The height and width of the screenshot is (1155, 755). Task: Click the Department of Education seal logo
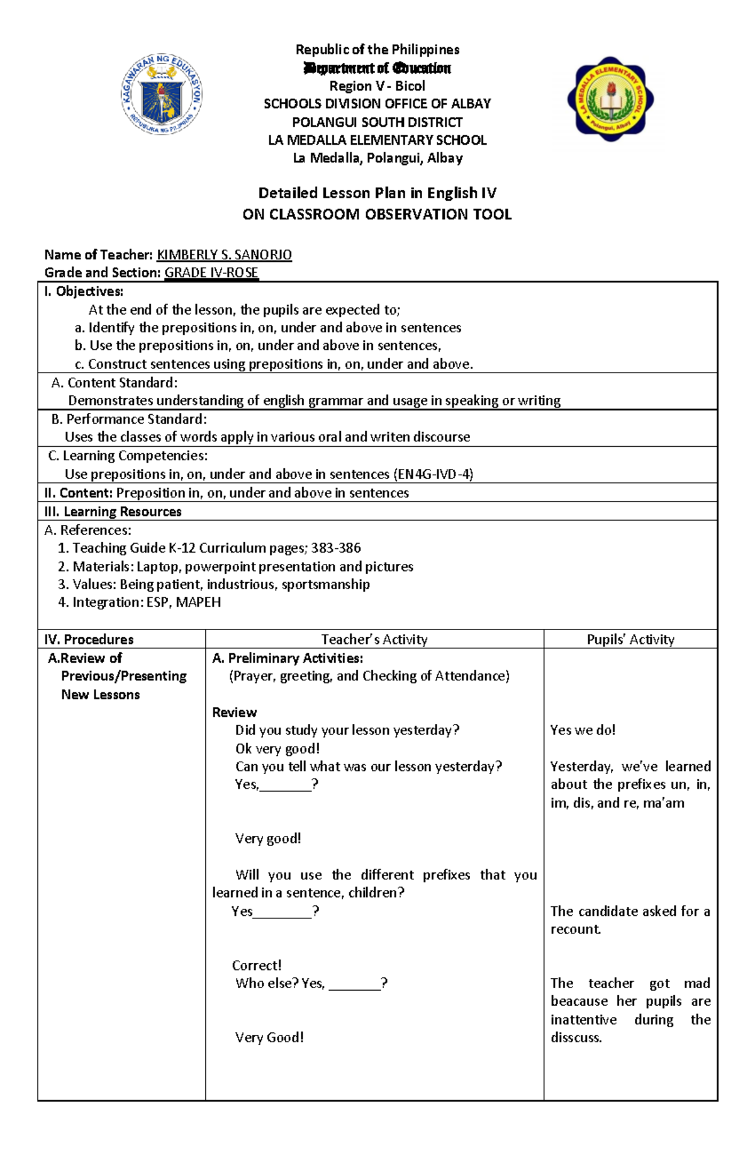point(162,94)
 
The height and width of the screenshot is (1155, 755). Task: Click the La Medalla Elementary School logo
point(610,99)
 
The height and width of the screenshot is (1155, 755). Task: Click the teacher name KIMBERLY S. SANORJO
point(224,255)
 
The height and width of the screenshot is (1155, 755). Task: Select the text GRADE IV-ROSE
point(211,273)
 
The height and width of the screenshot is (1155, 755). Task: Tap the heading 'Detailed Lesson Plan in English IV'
point(377,193)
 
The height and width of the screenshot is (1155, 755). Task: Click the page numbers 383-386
point(336,548)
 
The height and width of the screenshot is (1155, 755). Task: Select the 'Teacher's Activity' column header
point(374,639)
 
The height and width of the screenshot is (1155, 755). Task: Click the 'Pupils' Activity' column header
point(630,639)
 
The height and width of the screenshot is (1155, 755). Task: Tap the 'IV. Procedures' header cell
point(89,639)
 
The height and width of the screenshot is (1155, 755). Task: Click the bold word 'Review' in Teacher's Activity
point(234,713)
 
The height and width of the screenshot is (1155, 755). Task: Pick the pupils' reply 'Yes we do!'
point(583,730)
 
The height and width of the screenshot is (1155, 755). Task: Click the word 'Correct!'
point(257,966)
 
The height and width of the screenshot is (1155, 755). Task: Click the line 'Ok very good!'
point(277,748)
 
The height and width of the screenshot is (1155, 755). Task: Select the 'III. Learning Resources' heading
point(113,512)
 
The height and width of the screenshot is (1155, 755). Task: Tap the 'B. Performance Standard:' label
point(129,419)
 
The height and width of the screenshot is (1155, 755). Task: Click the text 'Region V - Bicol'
point(377,86)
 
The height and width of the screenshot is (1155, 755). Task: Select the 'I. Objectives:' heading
point(84,291)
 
